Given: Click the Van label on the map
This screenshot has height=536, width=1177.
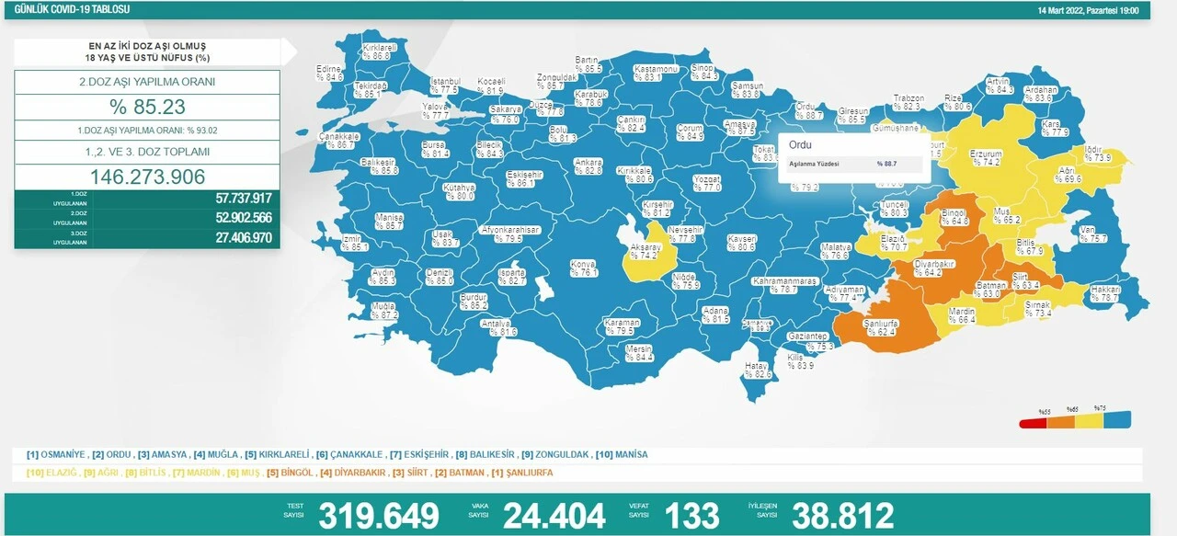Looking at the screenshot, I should (1091, 234).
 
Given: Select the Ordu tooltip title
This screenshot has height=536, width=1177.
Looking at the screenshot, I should (801, 145).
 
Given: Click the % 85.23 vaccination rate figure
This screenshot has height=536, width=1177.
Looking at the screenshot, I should (147, 107).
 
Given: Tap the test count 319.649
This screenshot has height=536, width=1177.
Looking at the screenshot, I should (379, 515).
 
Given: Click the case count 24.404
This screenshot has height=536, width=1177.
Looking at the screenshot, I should (554, 515).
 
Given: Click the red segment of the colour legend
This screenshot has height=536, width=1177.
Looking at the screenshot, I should (1034, 425).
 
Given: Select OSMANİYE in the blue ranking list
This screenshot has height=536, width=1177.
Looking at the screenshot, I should (63, 454).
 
